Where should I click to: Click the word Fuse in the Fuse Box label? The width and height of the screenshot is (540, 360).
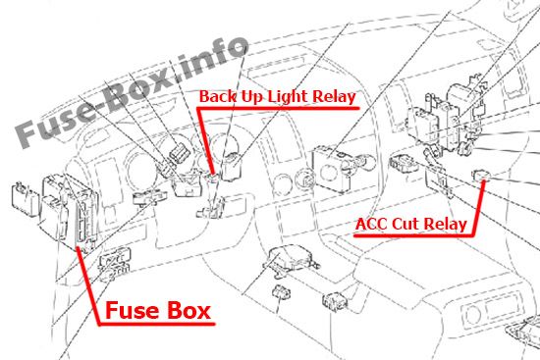point(131,310)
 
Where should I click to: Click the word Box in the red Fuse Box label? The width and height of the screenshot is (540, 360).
point(189,310)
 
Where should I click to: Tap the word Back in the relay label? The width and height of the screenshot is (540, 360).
point(218,96)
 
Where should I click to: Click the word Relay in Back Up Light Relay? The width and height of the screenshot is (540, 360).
point(334,97)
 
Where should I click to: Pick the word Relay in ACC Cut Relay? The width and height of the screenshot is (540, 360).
point(445,225)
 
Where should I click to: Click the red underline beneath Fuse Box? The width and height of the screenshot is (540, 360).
point(157,324)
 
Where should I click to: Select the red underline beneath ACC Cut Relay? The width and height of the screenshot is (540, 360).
point(413,235)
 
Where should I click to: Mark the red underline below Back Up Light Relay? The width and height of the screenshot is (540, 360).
point(278,109)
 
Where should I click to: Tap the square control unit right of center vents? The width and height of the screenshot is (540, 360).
point(331,169)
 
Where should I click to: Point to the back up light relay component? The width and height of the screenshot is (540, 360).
point(212,178)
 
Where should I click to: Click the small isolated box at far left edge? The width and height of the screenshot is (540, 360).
point(25,199)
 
